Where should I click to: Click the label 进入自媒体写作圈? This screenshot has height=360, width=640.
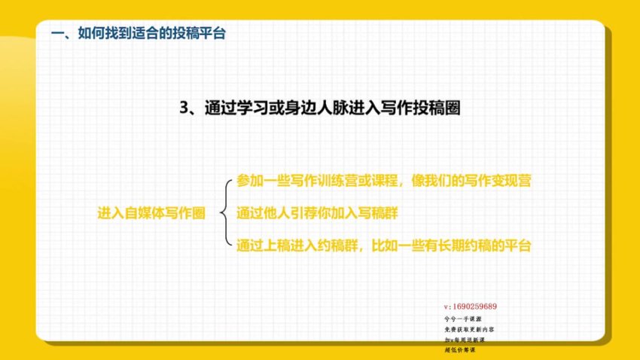point(151,213)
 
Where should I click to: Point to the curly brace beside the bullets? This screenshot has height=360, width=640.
point(223,213)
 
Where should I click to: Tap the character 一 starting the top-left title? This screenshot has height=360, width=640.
point(54,33)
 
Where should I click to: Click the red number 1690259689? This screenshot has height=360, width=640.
point(474,307)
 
